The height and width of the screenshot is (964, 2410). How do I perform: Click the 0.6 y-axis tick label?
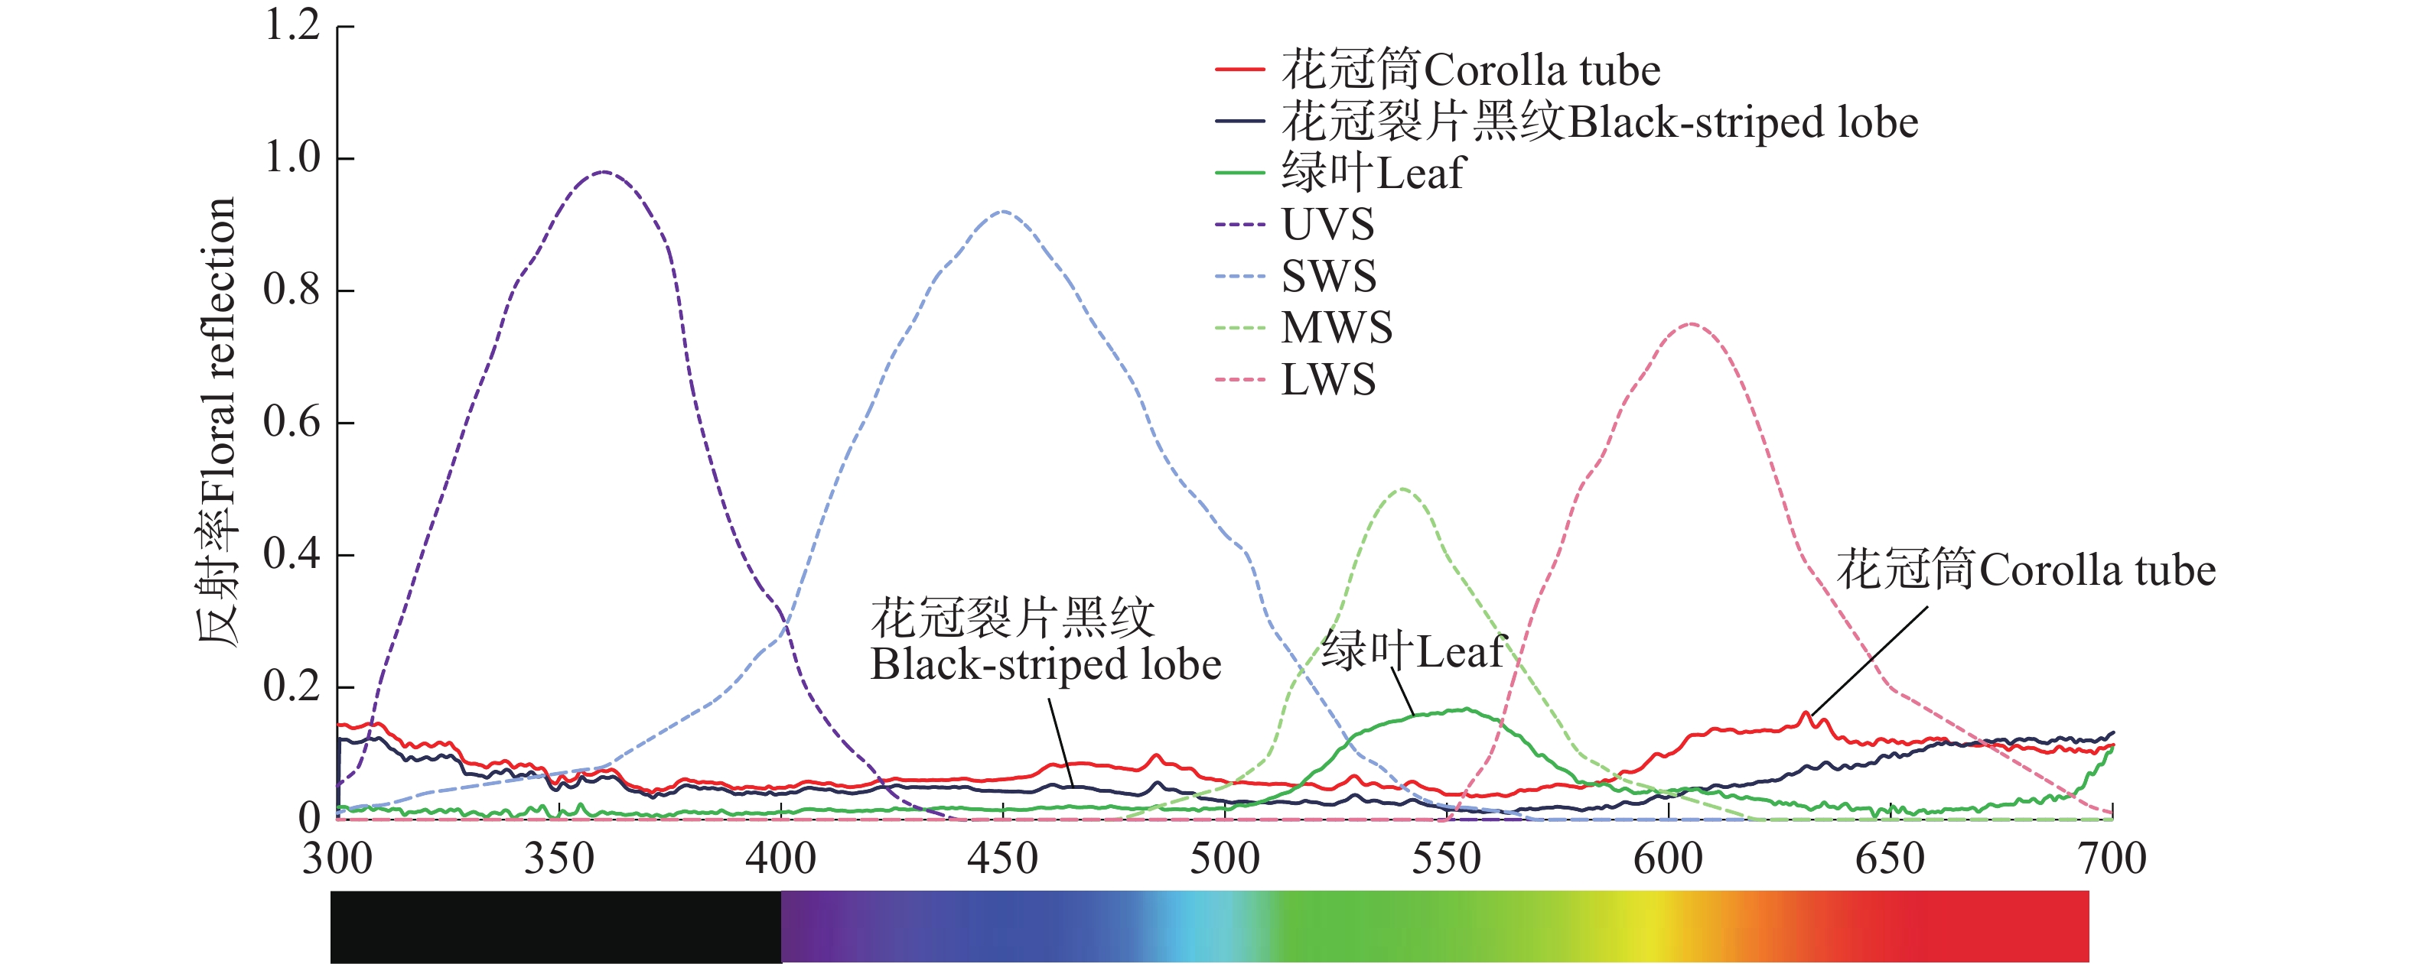click(x=293, y=423)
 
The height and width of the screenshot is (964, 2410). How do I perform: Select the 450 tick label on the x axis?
click(x=1002, y=859)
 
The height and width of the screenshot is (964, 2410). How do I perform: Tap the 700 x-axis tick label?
click(x=2112, y=859)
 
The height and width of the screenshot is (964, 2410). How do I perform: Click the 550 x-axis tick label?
click(x=1446, y=859)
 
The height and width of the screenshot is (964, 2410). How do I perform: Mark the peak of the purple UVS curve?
click(x=604, y=172)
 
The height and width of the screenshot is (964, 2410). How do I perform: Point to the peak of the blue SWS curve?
click(x=1002, y=211)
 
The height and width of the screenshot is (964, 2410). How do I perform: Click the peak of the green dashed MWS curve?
click(x=1402, y=489)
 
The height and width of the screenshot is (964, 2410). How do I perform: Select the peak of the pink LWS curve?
click(x=1691, y=324)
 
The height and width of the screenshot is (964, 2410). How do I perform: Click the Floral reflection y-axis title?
click(x=217, y=420)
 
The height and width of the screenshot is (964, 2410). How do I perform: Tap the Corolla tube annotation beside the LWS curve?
click(x=2025, y=570)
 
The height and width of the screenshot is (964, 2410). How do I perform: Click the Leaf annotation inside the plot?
click(x=1412, y=651)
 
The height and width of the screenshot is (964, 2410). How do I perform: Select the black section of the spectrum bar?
click(x=555, y=926)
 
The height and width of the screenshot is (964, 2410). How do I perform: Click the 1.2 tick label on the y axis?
click(x=293, y=26)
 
